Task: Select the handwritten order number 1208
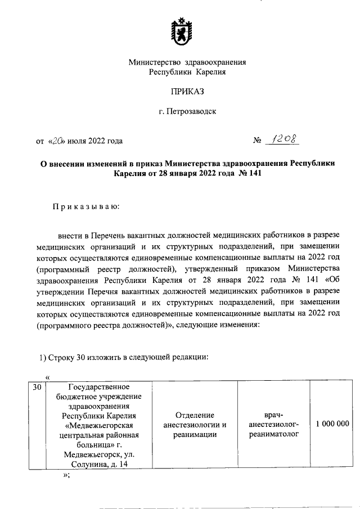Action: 285,139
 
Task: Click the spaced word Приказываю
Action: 86,206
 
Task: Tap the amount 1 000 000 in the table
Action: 332,424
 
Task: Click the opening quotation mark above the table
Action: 48,377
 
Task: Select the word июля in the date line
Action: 80,141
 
